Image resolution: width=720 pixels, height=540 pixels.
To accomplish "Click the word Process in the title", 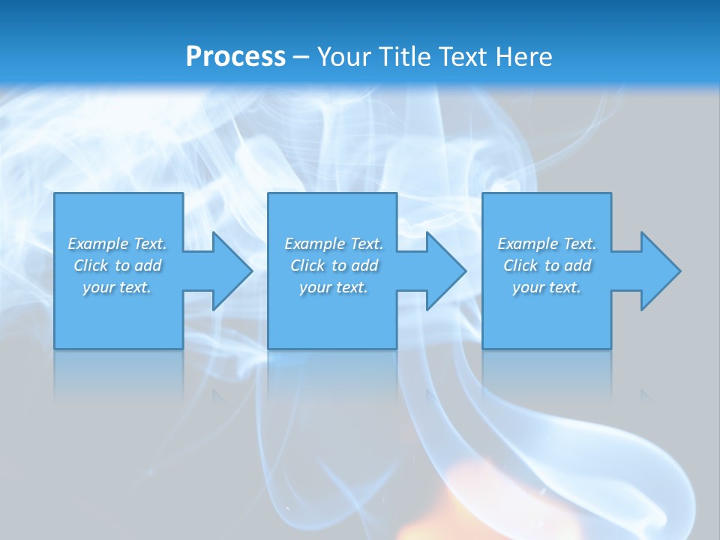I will coord(235,56).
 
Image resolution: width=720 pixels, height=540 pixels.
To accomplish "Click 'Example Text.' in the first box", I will coord(117,244).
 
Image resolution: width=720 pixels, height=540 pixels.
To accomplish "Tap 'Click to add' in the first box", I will coord(117,265).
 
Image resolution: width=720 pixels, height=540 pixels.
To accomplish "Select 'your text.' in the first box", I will coord(117,287).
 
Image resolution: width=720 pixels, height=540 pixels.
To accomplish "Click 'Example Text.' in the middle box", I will coord(334,244).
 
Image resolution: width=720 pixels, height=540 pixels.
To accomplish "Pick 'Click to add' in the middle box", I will coord(334,265).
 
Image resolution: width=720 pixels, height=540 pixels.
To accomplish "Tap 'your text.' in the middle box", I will coord(334,287).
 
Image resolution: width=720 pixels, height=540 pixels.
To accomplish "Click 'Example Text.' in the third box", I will coord(547,244).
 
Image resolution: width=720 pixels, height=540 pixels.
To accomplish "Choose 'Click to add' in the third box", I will coord(547,265).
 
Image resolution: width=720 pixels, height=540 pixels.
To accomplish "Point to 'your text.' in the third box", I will coord(547,287).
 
